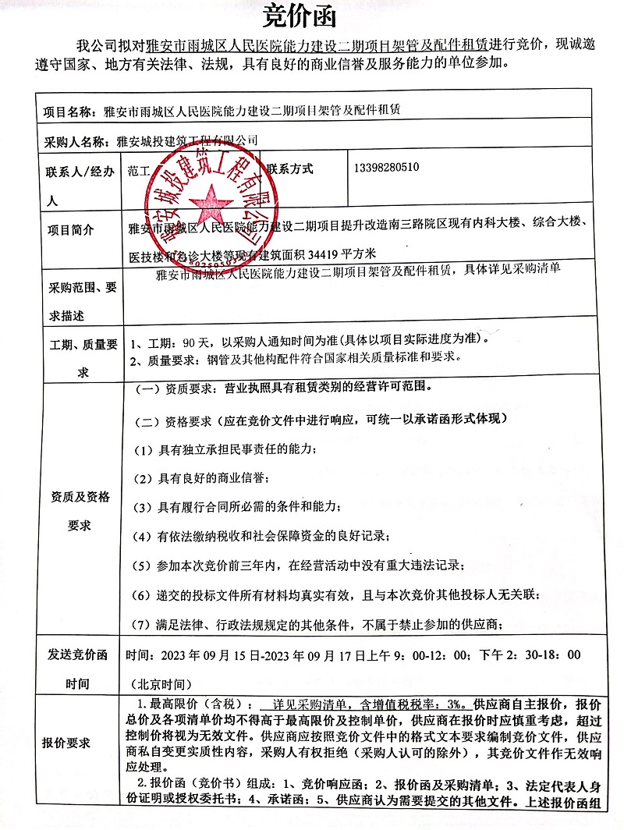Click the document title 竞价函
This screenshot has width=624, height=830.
[x=311, y=16]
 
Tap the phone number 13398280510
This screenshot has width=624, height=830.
[x=386, y=168]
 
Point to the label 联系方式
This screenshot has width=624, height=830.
[x=290, y=168]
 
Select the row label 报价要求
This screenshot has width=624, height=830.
[x=66, y=742]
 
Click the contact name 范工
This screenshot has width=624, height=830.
[x=138, y=171]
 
